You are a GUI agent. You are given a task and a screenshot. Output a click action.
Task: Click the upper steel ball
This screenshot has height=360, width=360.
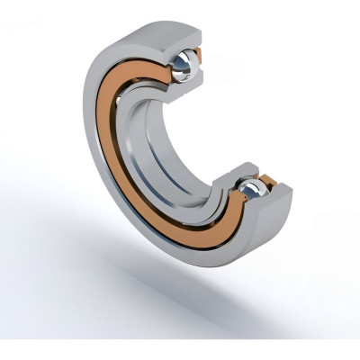tap(190, 63)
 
